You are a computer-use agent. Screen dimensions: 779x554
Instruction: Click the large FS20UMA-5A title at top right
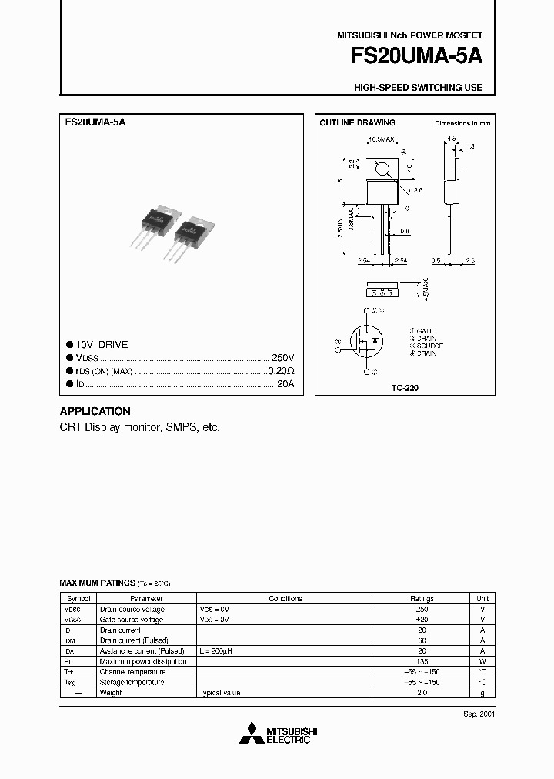(x=416, y=57)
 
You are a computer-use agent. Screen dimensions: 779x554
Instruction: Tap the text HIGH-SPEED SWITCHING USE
(x=418, y=88)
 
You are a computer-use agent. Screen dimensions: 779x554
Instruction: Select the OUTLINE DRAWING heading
(x=357, y=123)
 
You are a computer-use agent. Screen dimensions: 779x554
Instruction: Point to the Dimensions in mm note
(x=462, y=123)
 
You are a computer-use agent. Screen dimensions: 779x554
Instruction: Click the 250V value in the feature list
(x=282, y=358)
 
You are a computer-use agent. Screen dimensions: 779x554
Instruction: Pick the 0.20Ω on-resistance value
(x=281, y=371)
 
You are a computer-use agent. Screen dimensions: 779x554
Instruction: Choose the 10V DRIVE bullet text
(x=102, y=345)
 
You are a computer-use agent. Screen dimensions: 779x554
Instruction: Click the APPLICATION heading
(x=95, y=411)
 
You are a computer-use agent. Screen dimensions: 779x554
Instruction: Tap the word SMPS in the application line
(x=179, y=426)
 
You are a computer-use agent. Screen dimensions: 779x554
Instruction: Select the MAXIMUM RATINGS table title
(x=97, y=583)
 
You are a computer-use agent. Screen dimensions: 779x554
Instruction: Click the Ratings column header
(x=422, y=598)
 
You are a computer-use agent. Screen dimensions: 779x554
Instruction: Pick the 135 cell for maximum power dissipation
(x=422, y=661)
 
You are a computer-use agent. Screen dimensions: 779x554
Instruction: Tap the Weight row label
(x=112, y=693)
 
